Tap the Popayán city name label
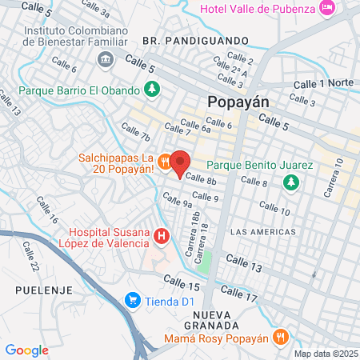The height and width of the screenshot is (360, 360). pos(238,102)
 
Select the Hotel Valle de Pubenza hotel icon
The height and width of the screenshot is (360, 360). pos(326,8)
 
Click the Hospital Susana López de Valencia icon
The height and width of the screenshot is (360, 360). pos(161,235)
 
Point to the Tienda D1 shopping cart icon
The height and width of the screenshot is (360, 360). pos(132,301)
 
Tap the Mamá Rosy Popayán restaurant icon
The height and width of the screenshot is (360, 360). pos(279,338)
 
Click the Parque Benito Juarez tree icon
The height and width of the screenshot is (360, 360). pos(292,182)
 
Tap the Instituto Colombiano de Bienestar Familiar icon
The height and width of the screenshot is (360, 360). pos(106,60)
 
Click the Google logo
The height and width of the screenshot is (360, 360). pos(26,350)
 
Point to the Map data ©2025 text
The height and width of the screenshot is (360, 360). pos(325,354)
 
